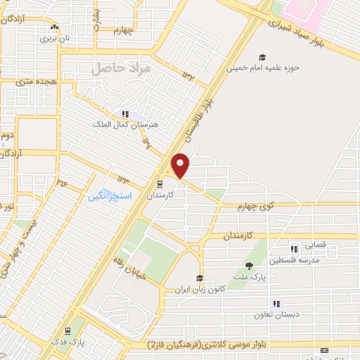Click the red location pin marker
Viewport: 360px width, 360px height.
[181, 165]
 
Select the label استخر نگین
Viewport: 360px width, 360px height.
[108, 195]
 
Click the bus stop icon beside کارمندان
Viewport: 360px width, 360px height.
[160, 186]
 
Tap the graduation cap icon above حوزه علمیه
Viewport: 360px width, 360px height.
[262, 58]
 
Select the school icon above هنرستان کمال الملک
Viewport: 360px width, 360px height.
[126, 114]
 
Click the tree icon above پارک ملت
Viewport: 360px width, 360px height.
[249, 266]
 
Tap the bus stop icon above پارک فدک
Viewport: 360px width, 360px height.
[67, 331]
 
